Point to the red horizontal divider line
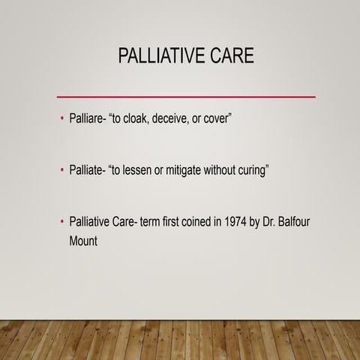[186, 97]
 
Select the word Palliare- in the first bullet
[88, 119]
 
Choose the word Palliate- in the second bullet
[88, 170]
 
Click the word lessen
[145, 170]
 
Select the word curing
[251, 170]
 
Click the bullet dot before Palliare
[61, 120]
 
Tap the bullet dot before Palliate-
[61, 171]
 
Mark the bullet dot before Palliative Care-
[61, 223]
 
